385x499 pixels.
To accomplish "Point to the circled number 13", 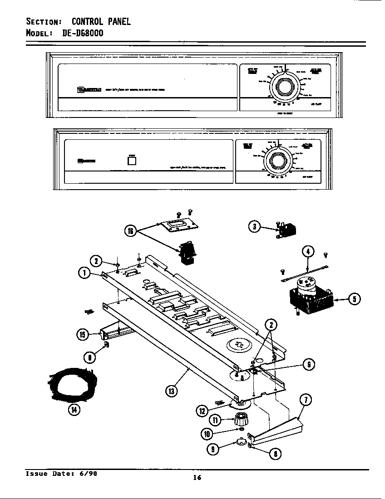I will pyautogui.click(x=172, y=391).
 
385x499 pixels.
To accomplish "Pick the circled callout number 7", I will pyautogui.click(x=306, y=400).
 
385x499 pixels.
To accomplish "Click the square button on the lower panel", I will pyautogui.click(x=132, y=161).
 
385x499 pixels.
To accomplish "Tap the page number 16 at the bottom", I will pyautogui.click(x=197, y=477).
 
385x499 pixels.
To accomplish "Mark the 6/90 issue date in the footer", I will pyautogui.click(x=88, y=474).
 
